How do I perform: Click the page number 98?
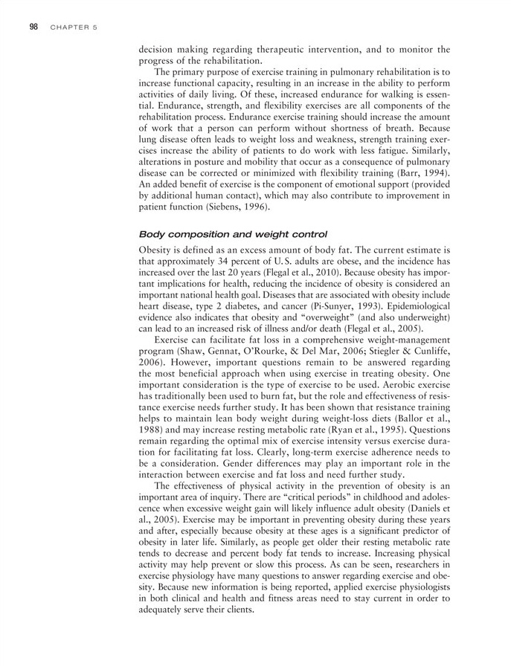coord(33,28)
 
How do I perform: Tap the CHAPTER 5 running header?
coord(75,28)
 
